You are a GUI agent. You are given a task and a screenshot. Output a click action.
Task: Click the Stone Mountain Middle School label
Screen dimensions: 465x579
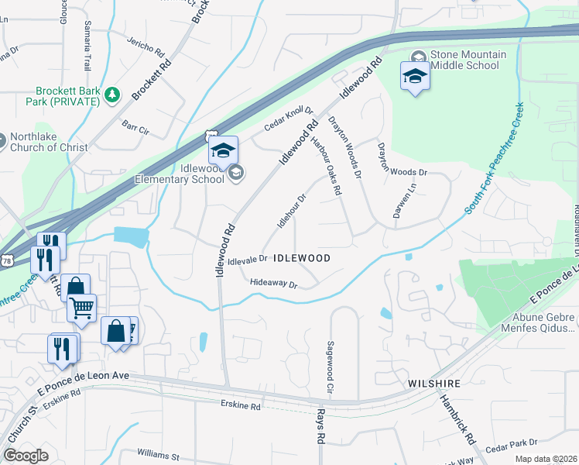[468, 60]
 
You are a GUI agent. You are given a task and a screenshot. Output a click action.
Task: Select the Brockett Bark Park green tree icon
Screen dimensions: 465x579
[113, 95]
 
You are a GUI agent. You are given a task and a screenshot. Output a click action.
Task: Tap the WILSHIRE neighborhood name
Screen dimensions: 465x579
[435, 384]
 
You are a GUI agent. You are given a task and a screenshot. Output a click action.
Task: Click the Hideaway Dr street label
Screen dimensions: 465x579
[274, 284]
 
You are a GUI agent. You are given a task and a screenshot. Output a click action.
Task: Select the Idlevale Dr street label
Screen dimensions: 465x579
[248, 260]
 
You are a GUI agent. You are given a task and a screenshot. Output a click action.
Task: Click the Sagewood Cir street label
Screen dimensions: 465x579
[331, 367]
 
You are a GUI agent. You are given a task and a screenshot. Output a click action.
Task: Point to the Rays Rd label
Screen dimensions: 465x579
[320, 427]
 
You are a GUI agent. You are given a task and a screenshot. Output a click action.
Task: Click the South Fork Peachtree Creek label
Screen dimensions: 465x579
[495, 164]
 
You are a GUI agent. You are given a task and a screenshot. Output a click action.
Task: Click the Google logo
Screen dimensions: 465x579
[26, 456]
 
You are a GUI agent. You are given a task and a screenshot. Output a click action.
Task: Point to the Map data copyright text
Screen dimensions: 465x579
[545, 458]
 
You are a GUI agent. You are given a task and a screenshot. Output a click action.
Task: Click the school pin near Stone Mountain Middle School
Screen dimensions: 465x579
[415, 76]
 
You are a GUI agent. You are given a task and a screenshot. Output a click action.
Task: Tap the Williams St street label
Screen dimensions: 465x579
[159, 453]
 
